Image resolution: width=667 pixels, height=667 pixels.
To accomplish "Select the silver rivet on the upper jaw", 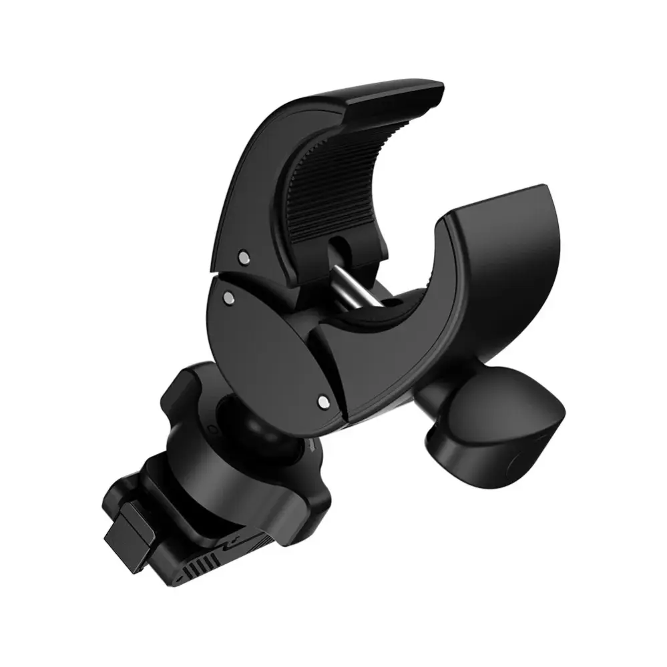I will click(243, 255).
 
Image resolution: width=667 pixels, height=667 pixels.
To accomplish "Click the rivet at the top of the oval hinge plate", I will click(230, 294).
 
